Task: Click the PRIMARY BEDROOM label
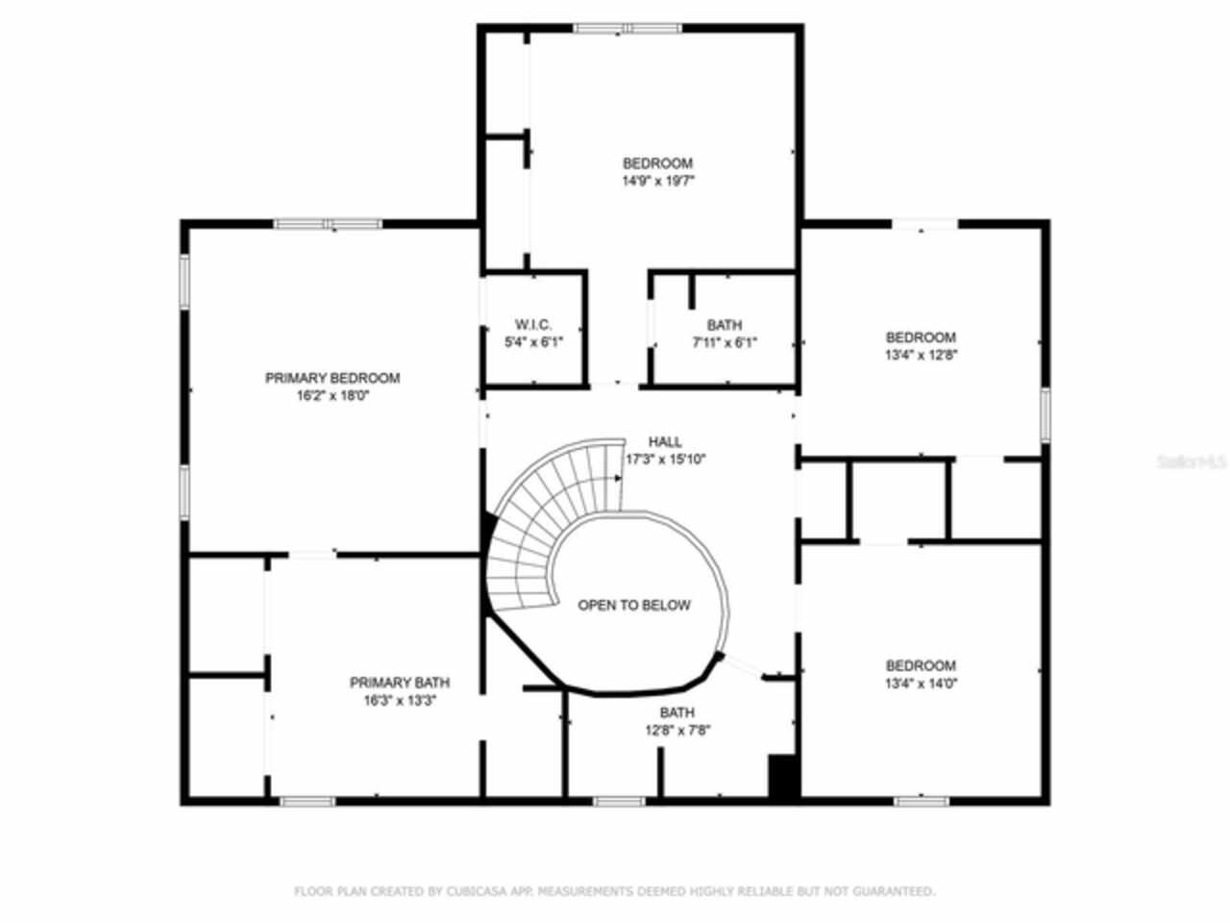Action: pyautogui.click(x=332, y=378)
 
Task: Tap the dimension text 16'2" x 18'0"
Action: pyautogui.click(x=332, y=395)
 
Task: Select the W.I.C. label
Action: pyautogui.click(x=533, y=325)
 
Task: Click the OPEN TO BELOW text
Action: pyautogui.click(x=633, y=605)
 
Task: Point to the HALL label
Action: pyautogui.click(x=665, y=442)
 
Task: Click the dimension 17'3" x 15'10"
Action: pyautogui.click(x=666, y=460)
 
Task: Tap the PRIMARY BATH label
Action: pyautogui.click(x=399, y=683)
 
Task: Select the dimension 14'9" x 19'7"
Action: pyautogui.click(x=657, y=180)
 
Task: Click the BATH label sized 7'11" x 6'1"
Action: pyautogui.click(x=724, y=325)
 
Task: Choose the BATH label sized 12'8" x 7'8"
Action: pyautogui.click(x=677, y=712)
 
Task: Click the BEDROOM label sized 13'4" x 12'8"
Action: pyautogui.click(x=921, y=337)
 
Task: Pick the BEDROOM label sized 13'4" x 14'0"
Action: pyautogui.click(x=921, y=665)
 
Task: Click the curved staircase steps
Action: pyautogui.click(x=538, y=519)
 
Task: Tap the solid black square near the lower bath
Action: pyautogui.click(x=784, y=777)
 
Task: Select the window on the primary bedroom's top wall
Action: pyautogui.click(x=328, y=225)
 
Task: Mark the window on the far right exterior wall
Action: pyautogui.click(x=1045, y=415)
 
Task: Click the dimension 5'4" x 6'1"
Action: pyautogui.click(x=533, y=342)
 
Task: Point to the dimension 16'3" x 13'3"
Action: pyautogui.click(x=399, y=700)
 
